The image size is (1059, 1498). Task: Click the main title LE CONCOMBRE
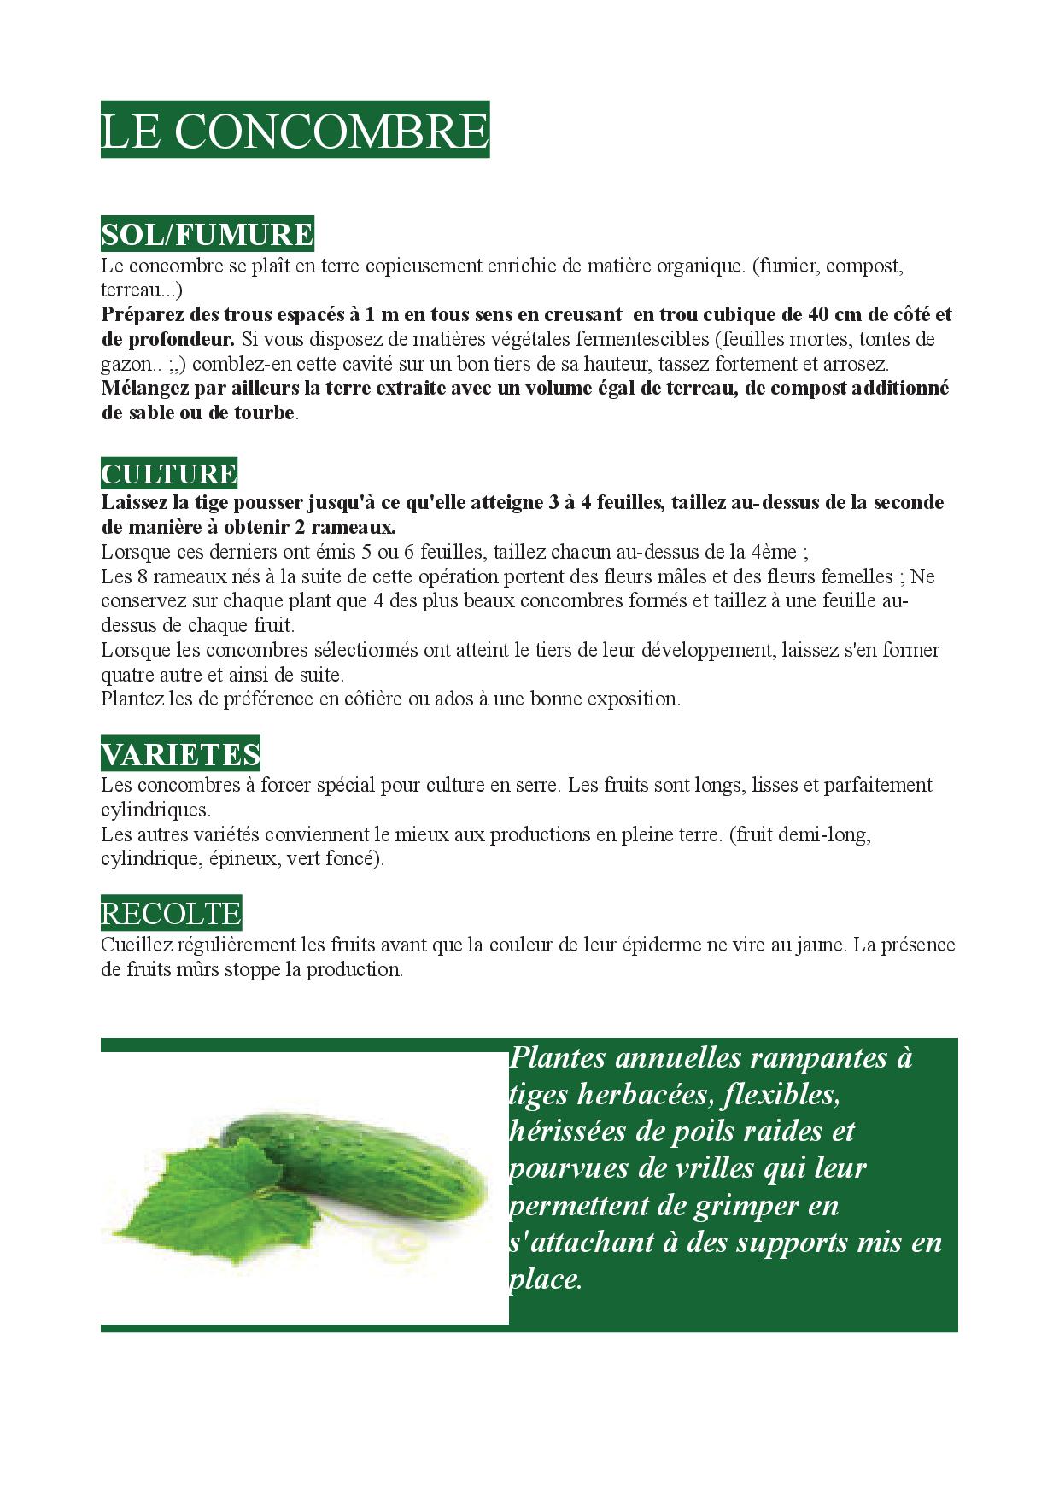295,131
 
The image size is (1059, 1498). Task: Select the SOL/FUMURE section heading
207,234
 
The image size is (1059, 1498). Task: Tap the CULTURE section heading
169,474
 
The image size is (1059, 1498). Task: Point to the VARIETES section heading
180,754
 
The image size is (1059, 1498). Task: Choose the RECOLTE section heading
171,914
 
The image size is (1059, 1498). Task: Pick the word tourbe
261,413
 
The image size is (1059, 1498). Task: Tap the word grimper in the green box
745,1206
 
